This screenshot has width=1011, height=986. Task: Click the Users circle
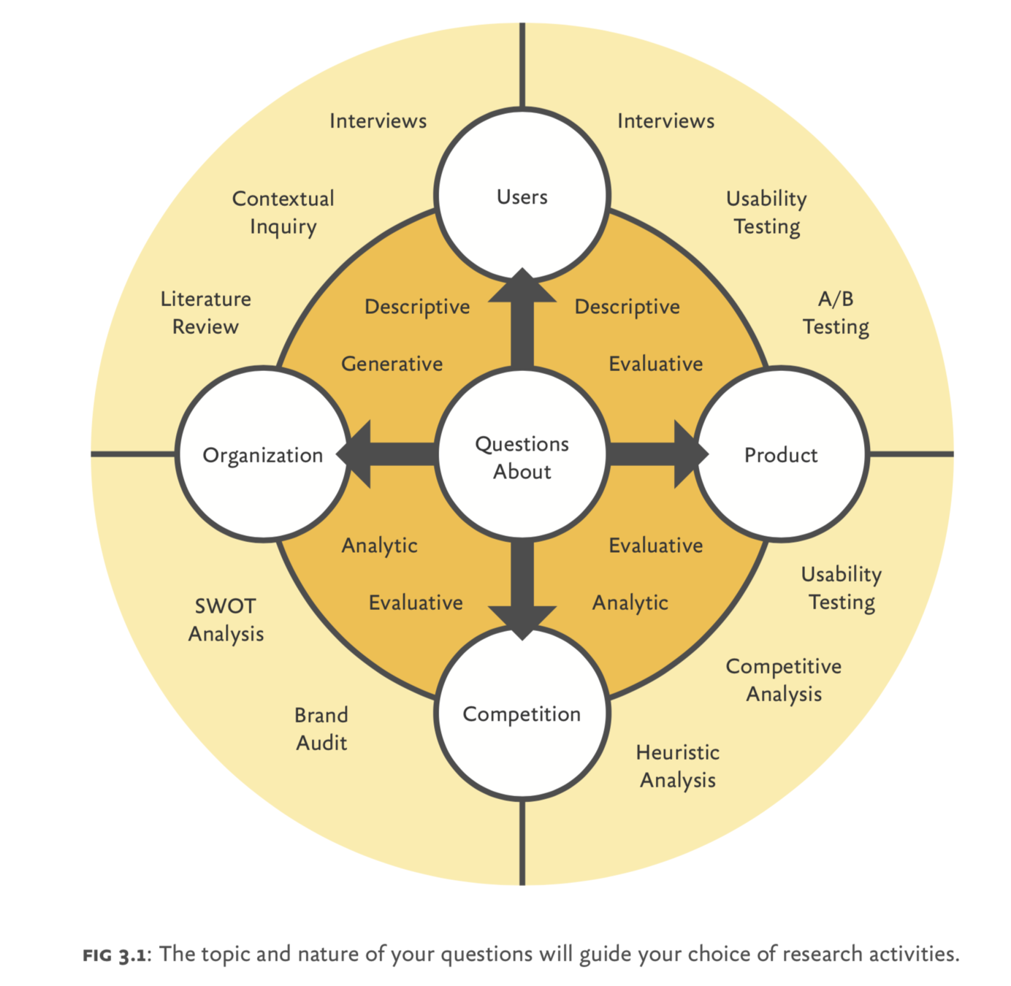coord(522,196)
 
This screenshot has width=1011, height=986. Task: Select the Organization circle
coord(263,454)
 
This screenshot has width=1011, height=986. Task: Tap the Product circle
coord(781,454)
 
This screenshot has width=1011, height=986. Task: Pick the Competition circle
coord(522,714)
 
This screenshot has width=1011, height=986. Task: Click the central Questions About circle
coord(522,457)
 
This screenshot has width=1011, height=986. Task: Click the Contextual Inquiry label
coord(283,213)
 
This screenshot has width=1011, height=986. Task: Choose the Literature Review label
coord(205,313)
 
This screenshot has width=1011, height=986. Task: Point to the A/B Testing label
coord(836,313)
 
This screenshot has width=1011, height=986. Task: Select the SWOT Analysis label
coord(226,619)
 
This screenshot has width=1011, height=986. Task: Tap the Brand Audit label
coord(321,728)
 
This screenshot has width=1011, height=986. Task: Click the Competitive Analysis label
coord(783,680)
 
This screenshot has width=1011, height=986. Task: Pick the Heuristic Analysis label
coord(677,766)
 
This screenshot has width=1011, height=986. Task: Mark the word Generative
coord(392,363)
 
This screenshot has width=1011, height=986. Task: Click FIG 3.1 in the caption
coord(115,954)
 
